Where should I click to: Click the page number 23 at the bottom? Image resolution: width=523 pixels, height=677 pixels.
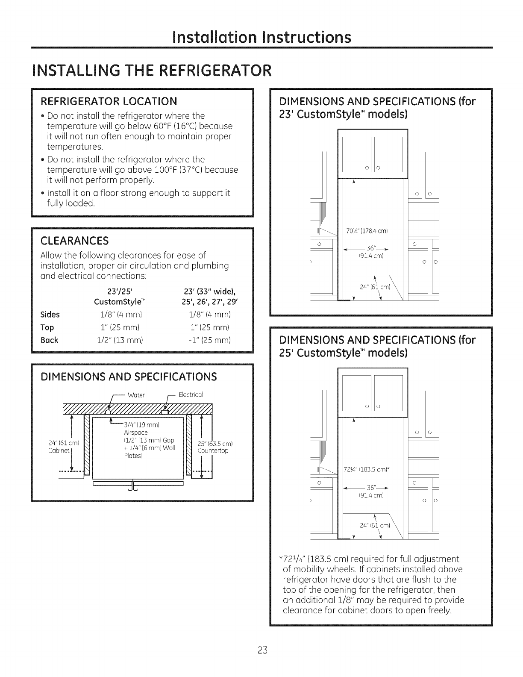click(x=262, y=651)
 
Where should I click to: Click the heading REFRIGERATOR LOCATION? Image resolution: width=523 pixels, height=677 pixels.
click(x=108, y=101)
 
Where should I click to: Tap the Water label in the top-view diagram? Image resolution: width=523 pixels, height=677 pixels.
click(x=136, y=394)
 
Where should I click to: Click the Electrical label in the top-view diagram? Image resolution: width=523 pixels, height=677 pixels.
click(x=190, y=394)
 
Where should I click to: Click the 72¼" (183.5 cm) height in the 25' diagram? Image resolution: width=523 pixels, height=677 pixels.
click(x=367, y=470)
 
